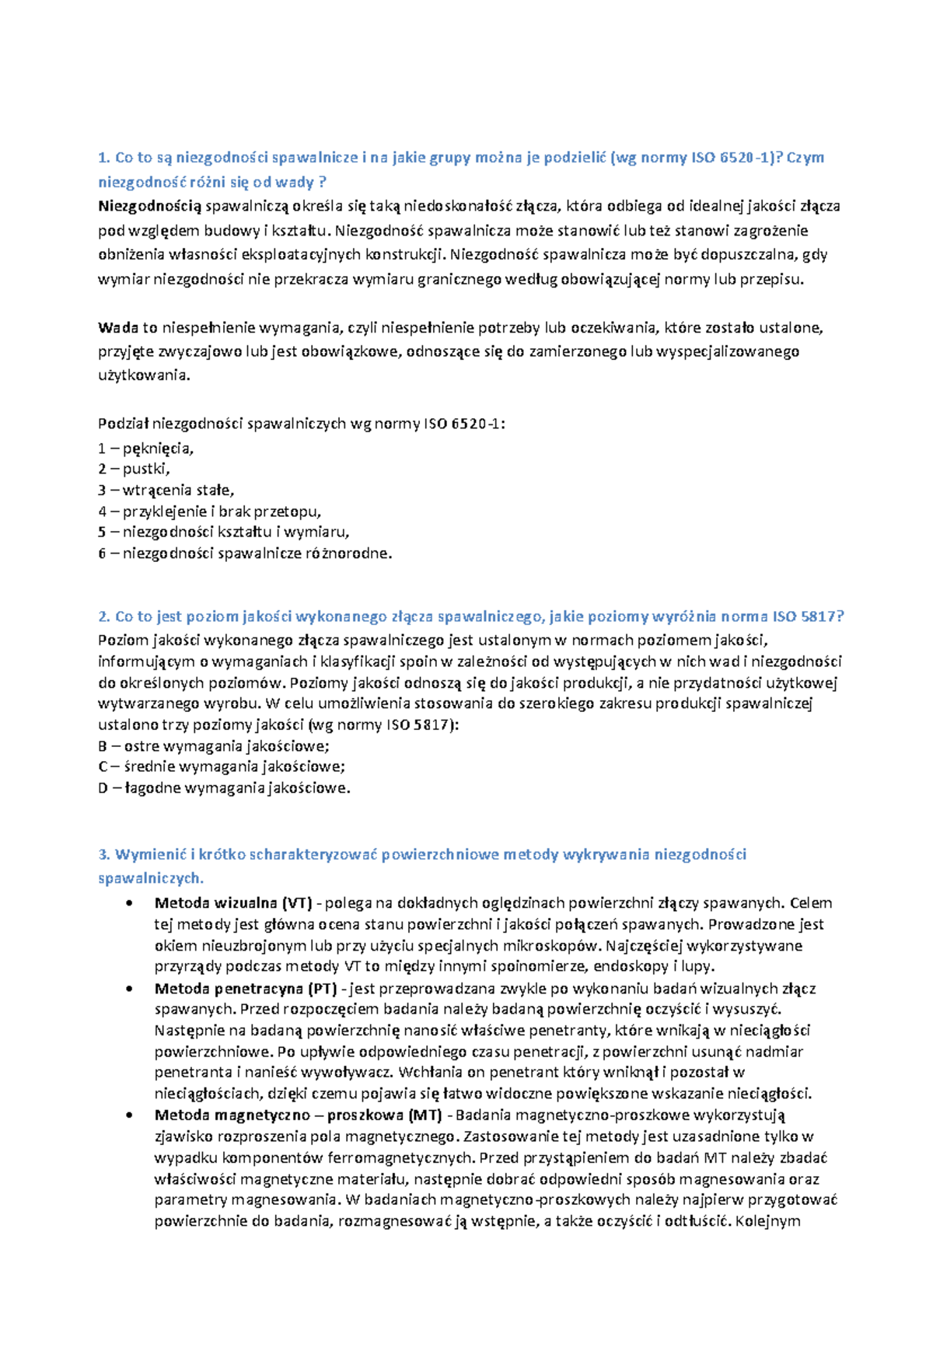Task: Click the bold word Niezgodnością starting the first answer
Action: (149, 206)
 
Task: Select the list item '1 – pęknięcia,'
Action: (145, 448)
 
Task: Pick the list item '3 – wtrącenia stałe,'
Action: (166, 490)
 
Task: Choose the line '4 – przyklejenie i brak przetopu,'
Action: (209, 511)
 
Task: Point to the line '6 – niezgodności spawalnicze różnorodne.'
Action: (245, 553)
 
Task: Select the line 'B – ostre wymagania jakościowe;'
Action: (213, 746)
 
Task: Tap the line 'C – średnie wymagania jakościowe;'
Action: (221, 766)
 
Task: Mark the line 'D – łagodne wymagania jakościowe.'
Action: (224, 787)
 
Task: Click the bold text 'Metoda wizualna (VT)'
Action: (232, 903)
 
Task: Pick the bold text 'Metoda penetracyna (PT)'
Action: (245, 989)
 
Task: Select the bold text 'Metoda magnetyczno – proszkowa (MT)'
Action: (298, 1115)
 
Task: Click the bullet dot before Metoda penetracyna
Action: (129, 989)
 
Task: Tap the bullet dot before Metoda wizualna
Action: (129, 903)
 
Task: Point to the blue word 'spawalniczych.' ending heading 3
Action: (151, 878)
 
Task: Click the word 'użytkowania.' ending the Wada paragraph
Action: (144, 375)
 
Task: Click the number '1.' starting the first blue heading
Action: (104, 158)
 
